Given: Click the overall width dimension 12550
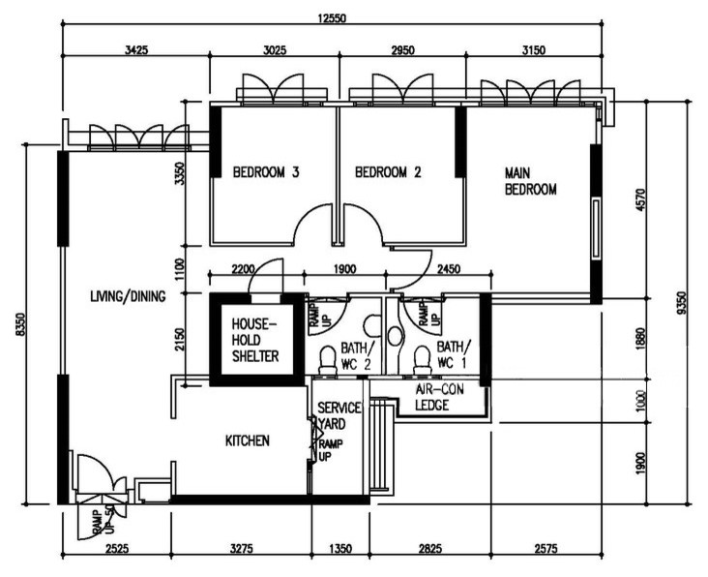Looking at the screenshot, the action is [332, 18].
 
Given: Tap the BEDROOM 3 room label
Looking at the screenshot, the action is [265, 172].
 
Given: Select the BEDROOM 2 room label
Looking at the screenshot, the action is [388, 172].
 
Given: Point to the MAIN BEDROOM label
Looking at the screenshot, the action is [530, 181].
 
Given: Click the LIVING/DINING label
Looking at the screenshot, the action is [128, 296].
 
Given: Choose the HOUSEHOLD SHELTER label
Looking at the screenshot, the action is [255, 340].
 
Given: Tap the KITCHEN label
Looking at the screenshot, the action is [248, 440].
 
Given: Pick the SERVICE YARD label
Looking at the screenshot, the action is [339, 415].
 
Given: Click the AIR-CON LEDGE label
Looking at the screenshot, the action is [439, 397].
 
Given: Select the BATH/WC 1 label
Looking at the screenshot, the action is [454, 355].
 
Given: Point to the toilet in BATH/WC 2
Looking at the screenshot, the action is [328, 360].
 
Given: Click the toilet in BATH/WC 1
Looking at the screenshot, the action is [422, 360].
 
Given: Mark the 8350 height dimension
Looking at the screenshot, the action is [18, 323].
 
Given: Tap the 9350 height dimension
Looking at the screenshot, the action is [682, 303].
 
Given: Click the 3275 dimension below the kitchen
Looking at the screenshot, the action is [242, 549].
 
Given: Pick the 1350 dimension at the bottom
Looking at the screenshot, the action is [340, 549].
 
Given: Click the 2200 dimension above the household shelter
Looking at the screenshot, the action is [243, 270].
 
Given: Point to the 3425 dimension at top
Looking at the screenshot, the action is [136, 49].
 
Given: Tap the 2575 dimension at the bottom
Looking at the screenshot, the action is [546, 549].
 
